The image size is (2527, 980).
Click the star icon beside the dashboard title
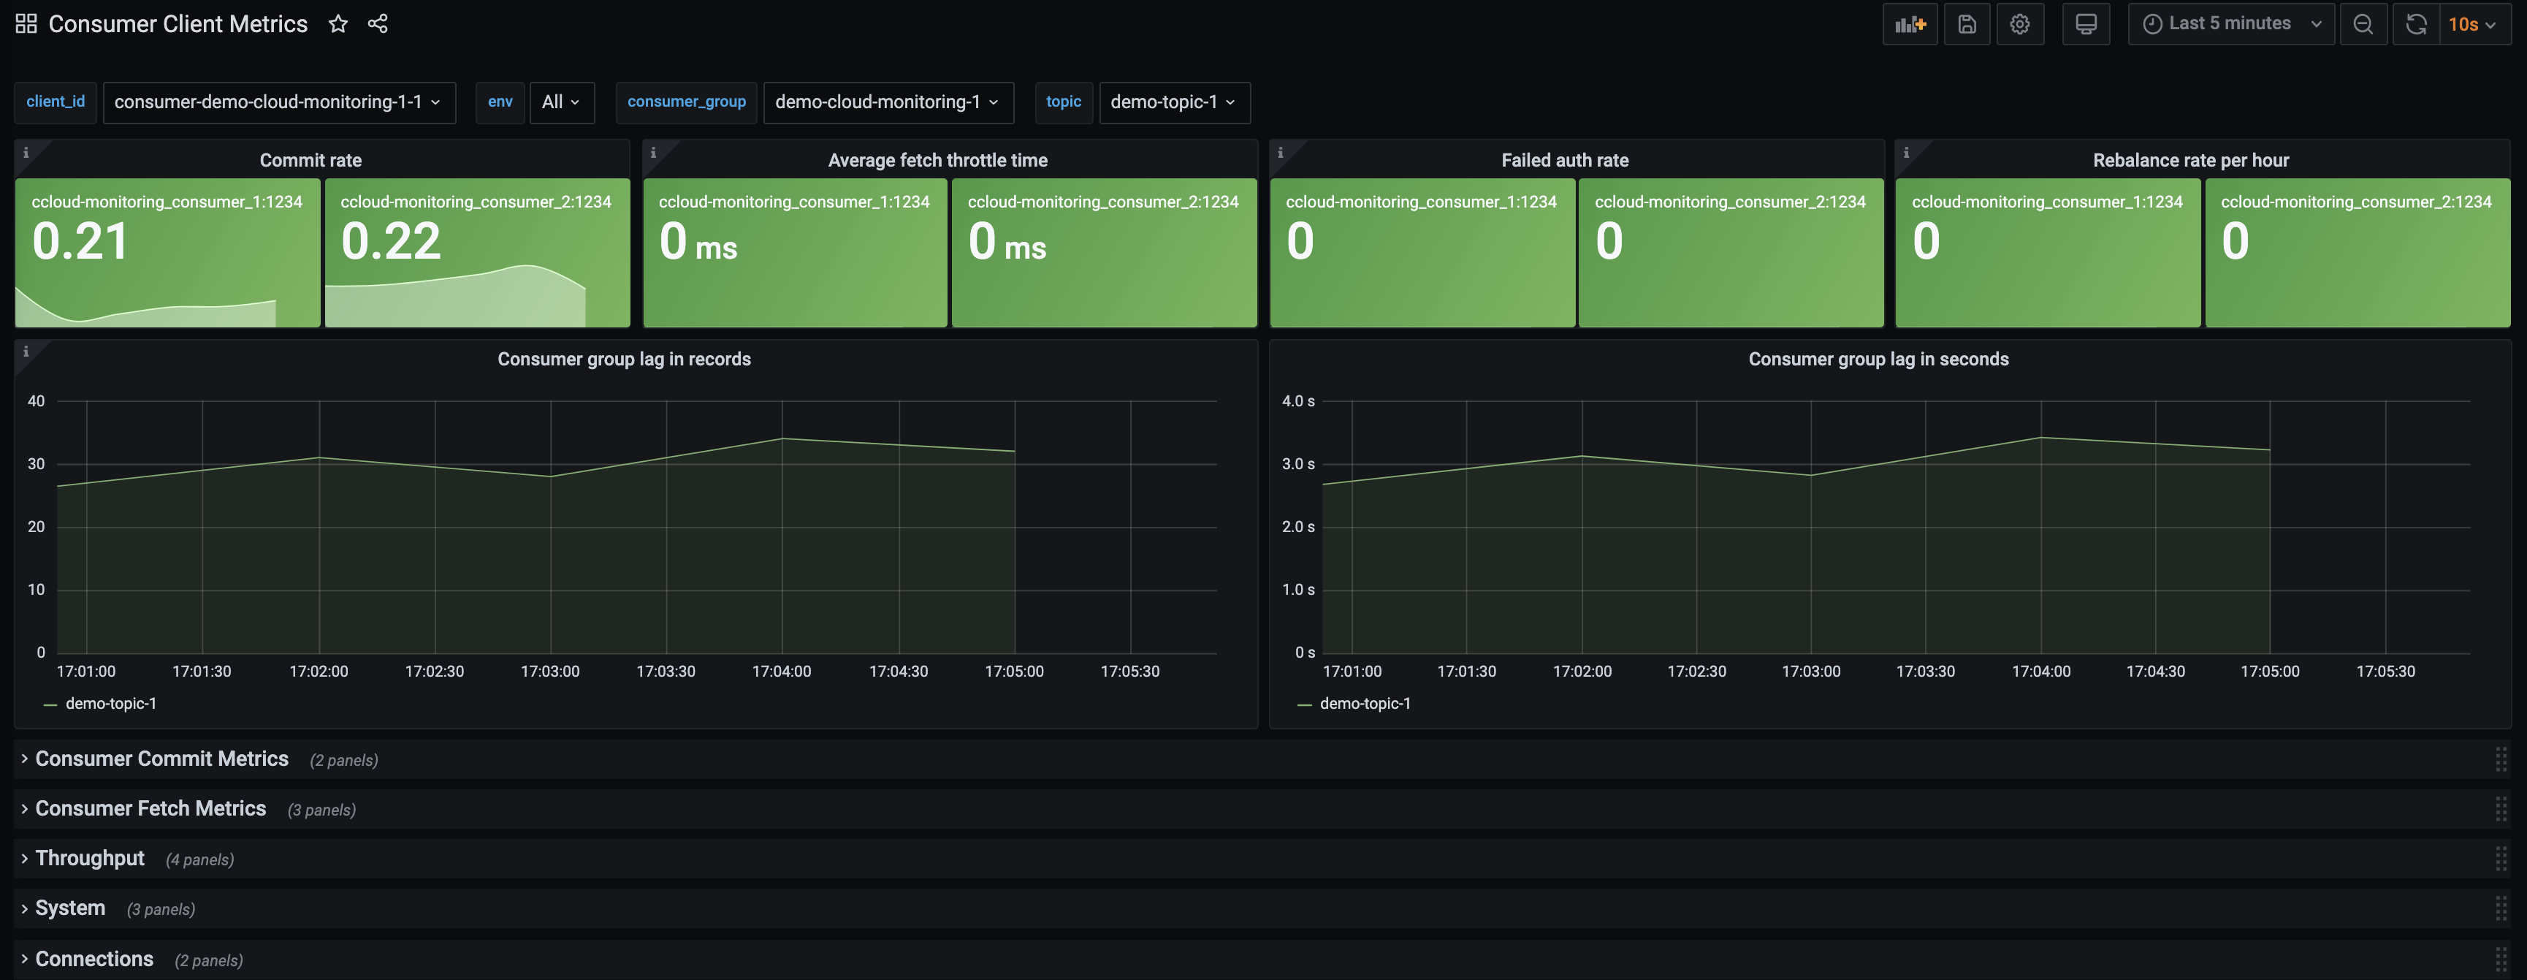(x=338, y=23)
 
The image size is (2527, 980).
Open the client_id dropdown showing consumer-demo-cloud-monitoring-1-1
(x=278, y=102)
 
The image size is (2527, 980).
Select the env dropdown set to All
(x=561, y=102)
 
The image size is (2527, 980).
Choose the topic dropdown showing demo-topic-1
(x=1173, y=102)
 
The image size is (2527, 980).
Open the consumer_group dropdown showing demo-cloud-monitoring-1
(x=887, y=102)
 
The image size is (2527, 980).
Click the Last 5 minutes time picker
(x=2230, y=23)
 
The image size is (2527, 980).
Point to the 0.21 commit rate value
(x=80, y=241)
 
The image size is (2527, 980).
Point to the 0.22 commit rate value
(x=390, y=241)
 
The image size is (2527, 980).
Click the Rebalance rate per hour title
(x=2189, y=160)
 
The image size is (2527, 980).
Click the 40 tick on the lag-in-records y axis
(x=37, y=401)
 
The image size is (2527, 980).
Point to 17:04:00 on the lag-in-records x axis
(x=781, y=671)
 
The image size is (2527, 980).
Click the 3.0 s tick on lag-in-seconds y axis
(x=1297, y=464)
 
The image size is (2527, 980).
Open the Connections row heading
(x=94, y=958)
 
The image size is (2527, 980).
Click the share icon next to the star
(x=378, y=23)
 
